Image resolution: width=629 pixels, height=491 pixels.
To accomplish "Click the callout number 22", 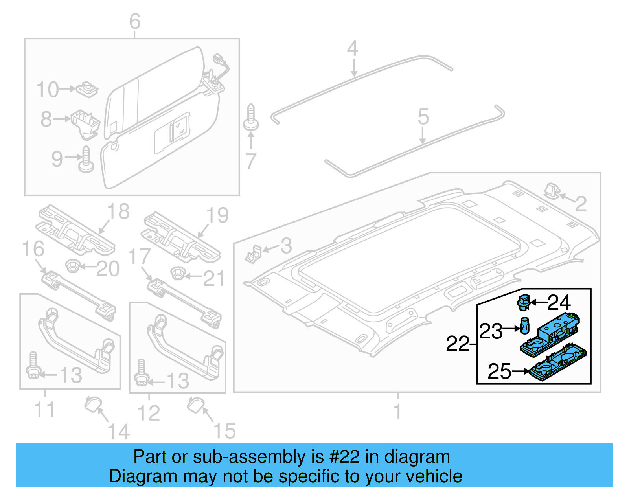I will click(x=458, y=344).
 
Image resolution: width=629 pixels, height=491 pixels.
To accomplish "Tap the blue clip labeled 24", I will click(x=523, y=302).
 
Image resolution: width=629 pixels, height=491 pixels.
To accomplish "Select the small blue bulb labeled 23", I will click(x=525, y=326).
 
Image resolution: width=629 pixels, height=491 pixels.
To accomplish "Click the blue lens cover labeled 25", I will click(x=558, y=364).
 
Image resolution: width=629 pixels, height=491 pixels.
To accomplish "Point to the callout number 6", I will click(x=135, y=21).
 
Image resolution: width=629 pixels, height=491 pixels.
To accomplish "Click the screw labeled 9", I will click(x=86, y=160).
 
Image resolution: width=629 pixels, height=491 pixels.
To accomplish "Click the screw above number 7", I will click(x=251, y=118).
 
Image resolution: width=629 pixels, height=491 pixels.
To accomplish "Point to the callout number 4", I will click(x=353, y=49).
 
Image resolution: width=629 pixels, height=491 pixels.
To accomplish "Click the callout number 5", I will click(x=423, y=117).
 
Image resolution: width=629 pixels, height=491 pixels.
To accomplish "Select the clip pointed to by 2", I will click(x=551, y=191).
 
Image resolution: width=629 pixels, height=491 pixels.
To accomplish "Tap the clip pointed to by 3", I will click(x=254, y=253).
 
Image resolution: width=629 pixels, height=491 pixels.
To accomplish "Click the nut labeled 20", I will click(x=72, y=266).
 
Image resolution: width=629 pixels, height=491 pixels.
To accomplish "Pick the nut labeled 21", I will click(x=178, y=272).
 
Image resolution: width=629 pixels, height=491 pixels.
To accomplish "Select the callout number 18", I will click(x=118, y=211).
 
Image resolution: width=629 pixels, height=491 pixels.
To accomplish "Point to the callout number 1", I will click(x=397, y=411).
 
